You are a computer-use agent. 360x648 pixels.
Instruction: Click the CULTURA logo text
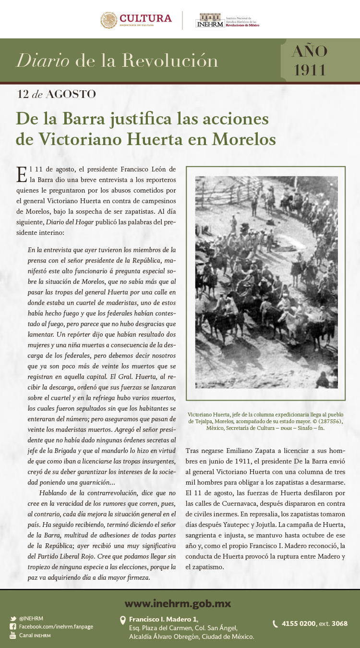145,18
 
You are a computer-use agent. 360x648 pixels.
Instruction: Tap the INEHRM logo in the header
210,22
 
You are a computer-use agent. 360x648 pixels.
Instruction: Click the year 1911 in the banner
310,70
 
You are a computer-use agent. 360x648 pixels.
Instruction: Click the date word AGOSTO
71,94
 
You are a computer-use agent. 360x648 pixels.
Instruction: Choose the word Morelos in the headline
244,139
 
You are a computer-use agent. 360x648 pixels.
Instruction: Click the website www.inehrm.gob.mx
178,604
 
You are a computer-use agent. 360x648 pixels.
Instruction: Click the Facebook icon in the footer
13,627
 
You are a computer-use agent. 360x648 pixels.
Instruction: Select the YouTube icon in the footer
13,635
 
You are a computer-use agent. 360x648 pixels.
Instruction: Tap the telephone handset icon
275,624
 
